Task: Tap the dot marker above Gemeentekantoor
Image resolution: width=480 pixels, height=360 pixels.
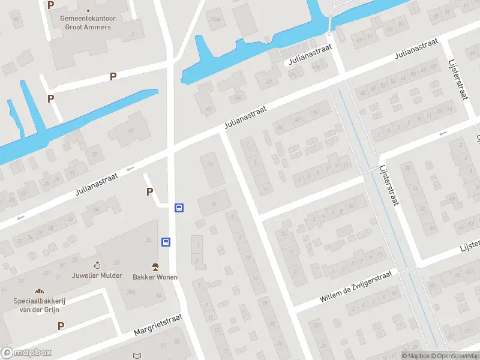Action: coord(88,11)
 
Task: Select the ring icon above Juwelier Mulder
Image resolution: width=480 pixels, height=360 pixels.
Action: coord(97,265)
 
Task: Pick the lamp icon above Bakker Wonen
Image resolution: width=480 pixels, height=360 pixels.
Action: coord(155,266)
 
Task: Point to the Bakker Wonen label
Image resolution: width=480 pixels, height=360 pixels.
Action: coord(151,277)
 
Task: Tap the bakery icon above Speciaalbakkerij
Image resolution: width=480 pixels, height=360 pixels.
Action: coord(40,291)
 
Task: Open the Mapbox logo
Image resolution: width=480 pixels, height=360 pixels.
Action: coord(26,352)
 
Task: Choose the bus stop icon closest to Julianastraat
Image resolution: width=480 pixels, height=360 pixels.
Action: coord(179,208)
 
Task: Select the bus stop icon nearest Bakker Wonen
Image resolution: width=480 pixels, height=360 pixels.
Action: coord(166,242)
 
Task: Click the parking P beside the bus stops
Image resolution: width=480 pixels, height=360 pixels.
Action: coord(149,192)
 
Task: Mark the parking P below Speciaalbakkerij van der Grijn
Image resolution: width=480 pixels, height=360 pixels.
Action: coord(61,326)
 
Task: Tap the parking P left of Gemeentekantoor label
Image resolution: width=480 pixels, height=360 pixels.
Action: coord(50,5)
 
